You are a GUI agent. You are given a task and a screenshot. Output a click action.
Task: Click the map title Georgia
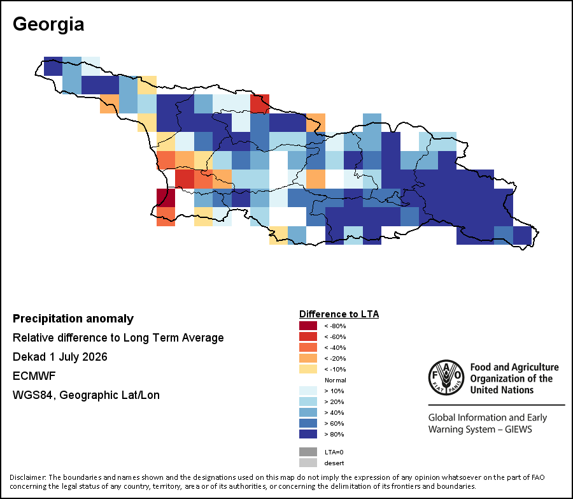[x=48, y=24]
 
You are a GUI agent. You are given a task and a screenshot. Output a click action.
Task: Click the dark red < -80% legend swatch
[x=308, y=326]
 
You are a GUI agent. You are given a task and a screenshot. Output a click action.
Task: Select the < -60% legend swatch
[x=308, y=336]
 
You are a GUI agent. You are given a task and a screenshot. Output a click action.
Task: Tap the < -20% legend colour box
[x=308, y=358]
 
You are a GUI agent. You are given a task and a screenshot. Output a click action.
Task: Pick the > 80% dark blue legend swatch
[x=308, y=434]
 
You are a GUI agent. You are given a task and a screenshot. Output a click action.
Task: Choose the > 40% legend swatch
[x=308, y=413]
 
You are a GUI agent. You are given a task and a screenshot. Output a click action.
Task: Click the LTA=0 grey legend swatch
[x=308, y=452]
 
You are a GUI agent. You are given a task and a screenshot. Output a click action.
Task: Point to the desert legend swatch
[x=308, y=463]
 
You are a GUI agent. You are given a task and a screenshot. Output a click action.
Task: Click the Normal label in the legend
[x=335, y=380]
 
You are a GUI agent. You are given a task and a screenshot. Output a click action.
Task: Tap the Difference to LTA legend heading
[x=339, y=314]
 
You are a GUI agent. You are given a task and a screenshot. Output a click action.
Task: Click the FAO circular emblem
[x=446, y=377]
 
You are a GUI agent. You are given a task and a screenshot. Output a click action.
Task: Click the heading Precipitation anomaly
[x=73, y=319]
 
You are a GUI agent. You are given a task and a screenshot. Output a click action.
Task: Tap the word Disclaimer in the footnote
[x=28, y=477]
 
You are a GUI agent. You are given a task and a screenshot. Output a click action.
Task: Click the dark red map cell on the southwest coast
[x=166, y=198]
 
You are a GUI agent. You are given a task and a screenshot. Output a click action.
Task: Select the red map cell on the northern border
[x=260, y=103]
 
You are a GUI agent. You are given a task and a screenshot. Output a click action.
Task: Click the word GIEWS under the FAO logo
[x=518, y=429]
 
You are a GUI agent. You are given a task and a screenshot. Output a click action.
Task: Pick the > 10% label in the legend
[x=334, y=391]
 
